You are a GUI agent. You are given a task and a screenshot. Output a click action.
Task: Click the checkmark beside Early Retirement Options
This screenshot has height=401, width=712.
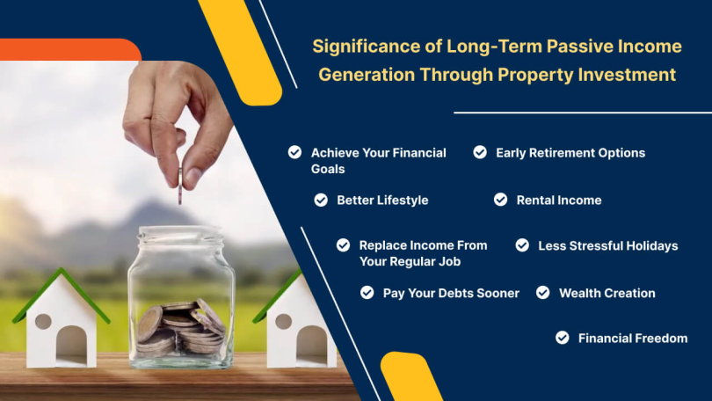click(x=480, y=152)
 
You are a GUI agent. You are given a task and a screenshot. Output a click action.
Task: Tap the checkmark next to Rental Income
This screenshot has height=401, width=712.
click(x=500, y=200)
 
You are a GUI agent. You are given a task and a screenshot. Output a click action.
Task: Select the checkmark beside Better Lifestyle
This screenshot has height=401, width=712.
click(x=321, y=200)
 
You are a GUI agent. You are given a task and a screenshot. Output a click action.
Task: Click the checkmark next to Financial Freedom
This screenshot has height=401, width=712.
click(x=563, y=338)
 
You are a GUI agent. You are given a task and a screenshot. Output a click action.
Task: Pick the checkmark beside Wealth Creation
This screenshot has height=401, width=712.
click(x=542, y=293)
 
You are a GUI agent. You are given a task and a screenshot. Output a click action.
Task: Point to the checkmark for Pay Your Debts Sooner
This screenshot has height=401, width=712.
click(x=367, y=293)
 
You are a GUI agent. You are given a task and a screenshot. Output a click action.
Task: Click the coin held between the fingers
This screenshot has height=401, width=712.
click(x=180, y=186)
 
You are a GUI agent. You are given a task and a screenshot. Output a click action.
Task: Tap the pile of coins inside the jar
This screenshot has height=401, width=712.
click(x=181, y=326)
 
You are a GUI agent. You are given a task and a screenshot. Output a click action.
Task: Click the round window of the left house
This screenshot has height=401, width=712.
click(x=43, y=321)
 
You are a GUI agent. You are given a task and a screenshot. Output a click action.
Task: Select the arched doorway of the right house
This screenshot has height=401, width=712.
click(x=312, y=344)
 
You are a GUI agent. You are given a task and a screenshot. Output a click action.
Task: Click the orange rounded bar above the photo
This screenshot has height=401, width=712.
click(x=70, y=49)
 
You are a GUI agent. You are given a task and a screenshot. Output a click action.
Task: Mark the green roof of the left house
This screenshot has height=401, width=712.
click(x=61, y=295)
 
